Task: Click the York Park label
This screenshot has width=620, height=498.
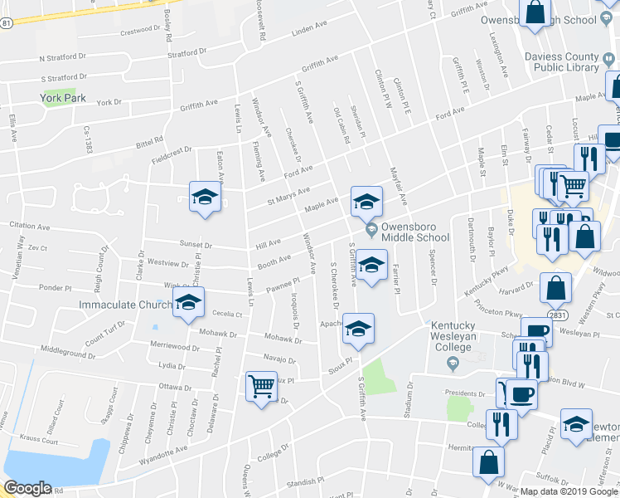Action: pyautogui.click(x=63, y=98)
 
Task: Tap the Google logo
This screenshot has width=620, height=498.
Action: pyautogui.click(x=27, y=488)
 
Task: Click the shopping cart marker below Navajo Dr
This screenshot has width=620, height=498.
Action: pyautogui.click(x=261, y=386)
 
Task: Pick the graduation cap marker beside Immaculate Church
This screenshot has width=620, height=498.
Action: pyautogui.click(x=189, y=304)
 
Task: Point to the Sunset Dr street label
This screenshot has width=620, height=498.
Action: pyautogui.click(x=196, y=245)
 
